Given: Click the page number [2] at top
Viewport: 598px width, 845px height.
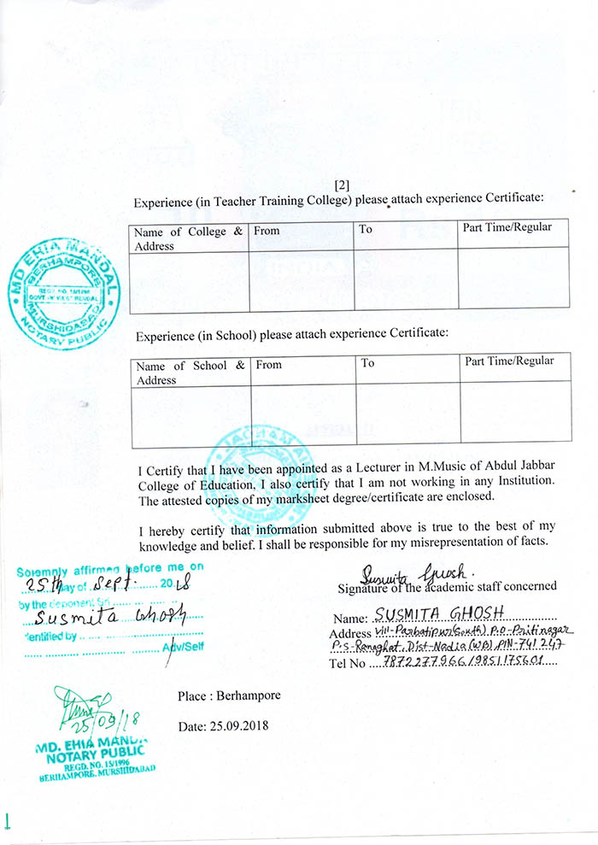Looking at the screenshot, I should coord(342,185).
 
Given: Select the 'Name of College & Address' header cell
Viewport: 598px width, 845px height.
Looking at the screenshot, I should coord(188,238).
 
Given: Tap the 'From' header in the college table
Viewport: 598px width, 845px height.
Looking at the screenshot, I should coord(267,231).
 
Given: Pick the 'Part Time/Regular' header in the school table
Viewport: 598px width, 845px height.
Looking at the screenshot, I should coord(509,361).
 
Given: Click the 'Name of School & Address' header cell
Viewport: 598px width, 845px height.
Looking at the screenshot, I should coord(191,373).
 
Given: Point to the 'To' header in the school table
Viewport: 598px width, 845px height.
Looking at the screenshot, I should coord(367,363).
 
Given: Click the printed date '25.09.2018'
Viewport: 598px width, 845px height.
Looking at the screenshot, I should coord(237,725).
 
